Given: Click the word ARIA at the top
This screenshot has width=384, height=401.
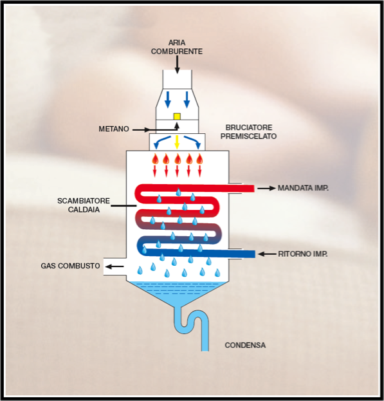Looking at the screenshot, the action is (x=177, y=42).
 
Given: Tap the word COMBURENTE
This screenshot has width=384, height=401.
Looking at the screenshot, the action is (x=177, y=51).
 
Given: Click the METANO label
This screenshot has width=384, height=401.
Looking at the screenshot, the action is (x=114, y=129).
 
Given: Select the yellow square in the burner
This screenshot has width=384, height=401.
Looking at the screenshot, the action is (x=177, y=117).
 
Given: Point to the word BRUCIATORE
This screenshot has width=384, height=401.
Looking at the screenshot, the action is (x=249, y=127).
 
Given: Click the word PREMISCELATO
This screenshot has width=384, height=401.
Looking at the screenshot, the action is (x=248, y=136).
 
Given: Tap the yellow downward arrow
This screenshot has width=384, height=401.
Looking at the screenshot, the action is (x=177, y=142).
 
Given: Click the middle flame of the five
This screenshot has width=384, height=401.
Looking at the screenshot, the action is (x=178, y=159).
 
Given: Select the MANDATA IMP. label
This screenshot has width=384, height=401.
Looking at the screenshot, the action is (x=303, y=188).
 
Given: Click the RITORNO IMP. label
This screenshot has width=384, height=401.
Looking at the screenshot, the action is (x=303, y=254).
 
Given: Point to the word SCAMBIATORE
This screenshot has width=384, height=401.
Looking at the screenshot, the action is (x=84, y=201).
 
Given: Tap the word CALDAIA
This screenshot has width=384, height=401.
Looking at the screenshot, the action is (x=84, y=210).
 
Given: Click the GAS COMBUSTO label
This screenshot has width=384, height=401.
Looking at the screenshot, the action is (x=70, y=266).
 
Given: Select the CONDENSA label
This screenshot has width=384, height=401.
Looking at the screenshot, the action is (x=245, y=345).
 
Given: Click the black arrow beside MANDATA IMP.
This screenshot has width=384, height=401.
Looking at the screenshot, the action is (x=266, y=189).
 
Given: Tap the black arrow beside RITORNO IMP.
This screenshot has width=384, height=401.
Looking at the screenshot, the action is (x=267, y=254).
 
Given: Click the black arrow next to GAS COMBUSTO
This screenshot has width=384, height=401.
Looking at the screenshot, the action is (x=114, y=266).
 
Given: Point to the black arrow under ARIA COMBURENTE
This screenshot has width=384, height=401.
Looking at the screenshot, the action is (x=177, y=64).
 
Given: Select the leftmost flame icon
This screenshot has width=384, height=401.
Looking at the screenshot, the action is (x=155, y=159).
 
